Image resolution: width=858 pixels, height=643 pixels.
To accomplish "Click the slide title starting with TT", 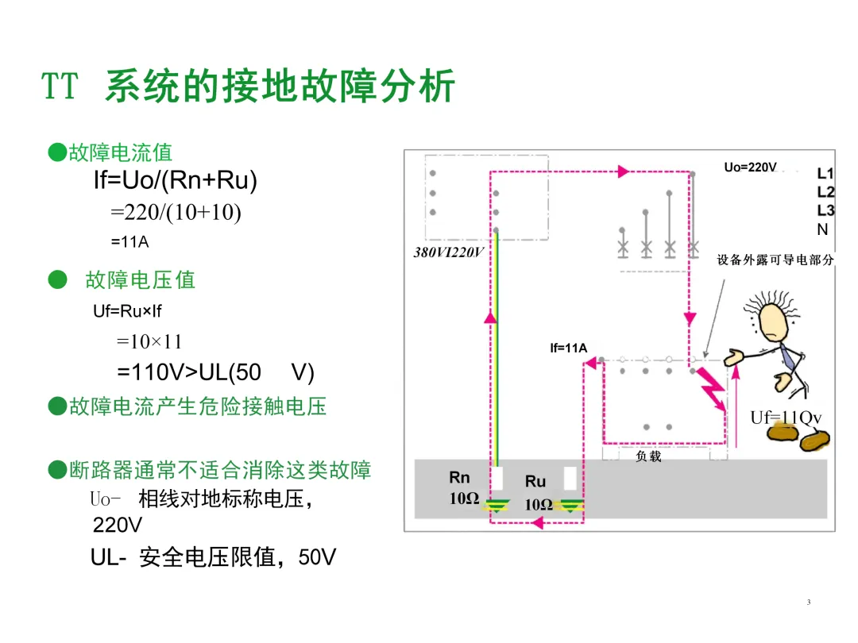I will pyautogui.click(x=248, y=87).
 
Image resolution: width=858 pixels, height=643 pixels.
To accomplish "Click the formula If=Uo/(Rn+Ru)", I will pyautogui.click(x=176, y=180).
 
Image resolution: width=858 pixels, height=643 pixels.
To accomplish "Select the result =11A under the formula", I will pyautogui.click(x=129, y=241).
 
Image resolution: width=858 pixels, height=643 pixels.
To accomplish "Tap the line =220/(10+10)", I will pyautogui.click(x=176, y=213).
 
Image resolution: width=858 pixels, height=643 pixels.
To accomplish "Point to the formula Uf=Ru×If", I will pyautogui.click(x=127, y=311).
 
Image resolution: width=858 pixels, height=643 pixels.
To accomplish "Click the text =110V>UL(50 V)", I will pyautogui.click(x=215, y=372).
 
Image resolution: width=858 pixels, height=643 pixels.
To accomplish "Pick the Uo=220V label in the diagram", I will pyautogui.click(x=749, y=167).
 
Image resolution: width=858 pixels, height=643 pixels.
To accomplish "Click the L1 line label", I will pyautogui.click(x=825, y=173).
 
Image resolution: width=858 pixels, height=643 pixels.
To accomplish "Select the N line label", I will pyautogui.click(x=822, y=229).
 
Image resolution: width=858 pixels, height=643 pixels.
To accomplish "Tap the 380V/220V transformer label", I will pyautogui.click(x=449, y=252).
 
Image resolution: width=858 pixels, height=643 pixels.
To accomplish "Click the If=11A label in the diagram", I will pyautogui.click(x=568, y=348).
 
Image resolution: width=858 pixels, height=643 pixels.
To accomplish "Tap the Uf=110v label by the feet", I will pyautogui.click(x=786, y=418).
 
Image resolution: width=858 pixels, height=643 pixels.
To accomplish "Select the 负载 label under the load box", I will pyautogui.click(x=648, y=456).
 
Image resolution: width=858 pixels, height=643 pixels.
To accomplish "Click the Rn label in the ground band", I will pyautogui.click(x=460, y=477).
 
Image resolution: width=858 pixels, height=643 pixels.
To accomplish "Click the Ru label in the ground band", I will pyautogui.click(x=535, y=481).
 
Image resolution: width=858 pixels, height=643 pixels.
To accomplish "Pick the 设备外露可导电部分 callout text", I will pyautogui.click(x=775, y=260).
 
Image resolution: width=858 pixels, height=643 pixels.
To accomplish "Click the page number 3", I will pyautogui.click(x=808, y=603).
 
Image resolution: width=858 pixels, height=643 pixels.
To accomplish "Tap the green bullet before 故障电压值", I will pyautogui.click(x=56, y=279).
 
